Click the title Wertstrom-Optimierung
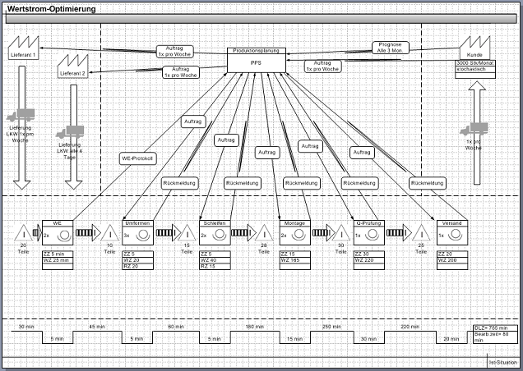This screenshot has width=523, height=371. click(x=51, y=8)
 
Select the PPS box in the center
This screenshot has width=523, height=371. click(x=256, y=62)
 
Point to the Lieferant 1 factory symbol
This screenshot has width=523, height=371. click(x=24, y=47)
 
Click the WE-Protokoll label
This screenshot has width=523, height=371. click(x=137, y=158)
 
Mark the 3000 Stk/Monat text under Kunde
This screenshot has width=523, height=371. click(x=474, y=63)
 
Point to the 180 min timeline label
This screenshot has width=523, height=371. click(x=253, y=327)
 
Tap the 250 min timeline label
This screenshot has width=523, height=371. click(x=331, y=327)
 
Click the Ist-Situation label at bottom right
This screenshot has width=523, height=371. click(x=502, y=362)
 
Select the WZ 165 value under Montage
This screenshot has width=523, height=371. click(x=293, y=260)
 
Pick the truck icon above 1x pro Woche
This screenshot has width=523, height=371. click(x=474, y=129)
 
